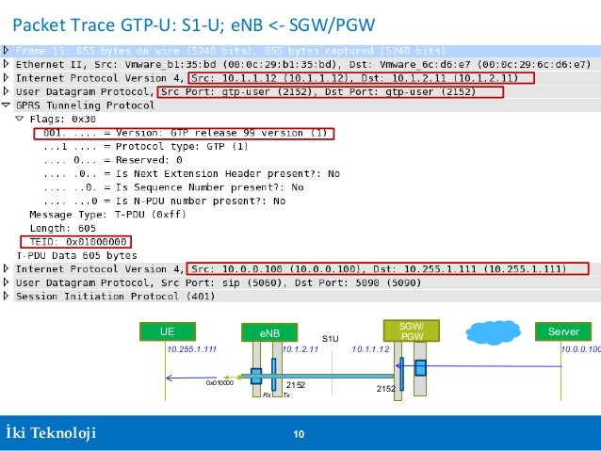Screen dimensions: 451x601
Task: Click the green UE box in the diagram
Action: (167, 331)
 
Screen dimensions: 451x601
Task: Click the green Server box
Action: (563, 331)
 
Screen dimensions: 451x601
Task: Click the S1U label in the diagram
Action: (330, 338)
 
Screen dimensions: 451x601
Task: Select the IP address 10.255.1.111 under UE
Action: (191, 349)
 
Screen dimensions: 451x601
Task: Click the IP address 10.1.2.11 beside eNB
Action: (300, 349)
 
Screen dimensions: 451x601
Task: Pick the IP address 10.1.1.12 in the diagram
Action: (370, 349)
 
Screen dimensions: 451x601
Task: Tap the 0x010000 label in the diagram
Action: (219, 383)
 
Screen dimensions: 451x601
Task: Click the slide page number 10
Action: (299, 434)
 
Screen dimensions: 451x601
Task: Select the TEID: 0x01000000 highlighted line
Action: (80, 241)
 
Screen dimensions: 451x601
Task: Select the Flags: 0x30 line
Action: (62, 120)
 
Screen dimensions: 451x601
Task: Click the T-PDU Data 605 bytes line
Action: (76, 255)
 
